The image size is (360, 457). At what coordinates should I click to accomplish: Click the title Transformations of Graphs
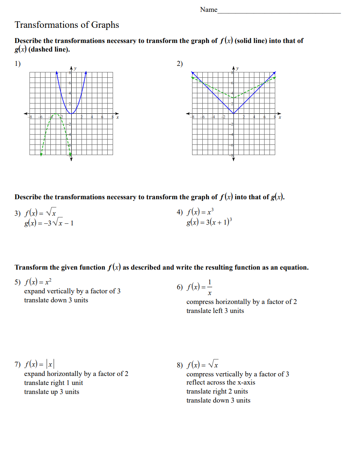(67, 25)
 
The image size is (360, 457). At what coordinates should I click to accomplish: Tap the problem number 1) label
(18, 63)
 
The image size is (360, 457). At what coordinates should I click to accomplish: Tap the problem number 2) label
(180, 63)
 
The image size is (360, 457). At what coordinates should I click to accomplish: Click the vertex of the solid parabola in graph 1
(71, 114)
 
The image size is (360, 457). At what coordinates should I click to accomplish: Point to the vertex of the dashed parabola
(56, 114)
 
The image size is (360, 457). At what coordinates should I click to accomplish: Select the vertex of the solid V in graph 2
(233, 114)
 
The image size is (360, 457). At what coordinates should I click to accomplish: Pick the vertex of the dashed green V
(233, 98)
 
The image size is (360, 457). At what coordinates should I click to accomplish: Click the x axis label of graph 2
(280, 118)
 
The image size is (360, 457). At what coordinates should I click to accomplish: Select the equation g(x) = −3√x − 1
(49, 223)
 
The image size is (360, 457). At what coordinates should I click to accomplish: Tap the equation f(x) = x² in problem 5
(38, 282)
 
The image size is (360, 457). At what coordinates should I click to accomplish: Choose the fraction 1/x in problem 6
(210, 288)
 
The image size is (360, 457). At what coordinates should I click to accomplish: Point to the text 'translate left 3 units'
(215, 311)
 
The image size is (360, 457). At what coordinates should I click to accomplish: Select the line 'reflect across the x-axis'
(221, 383)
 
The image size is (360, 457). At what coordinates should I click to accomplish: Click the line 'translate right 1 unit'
(53, 383)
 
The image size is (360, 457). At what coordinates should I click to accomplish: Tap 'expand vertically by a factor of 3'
(72, 291)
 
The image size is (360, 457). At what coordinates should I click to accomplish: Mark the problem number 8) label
(180, 365)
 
